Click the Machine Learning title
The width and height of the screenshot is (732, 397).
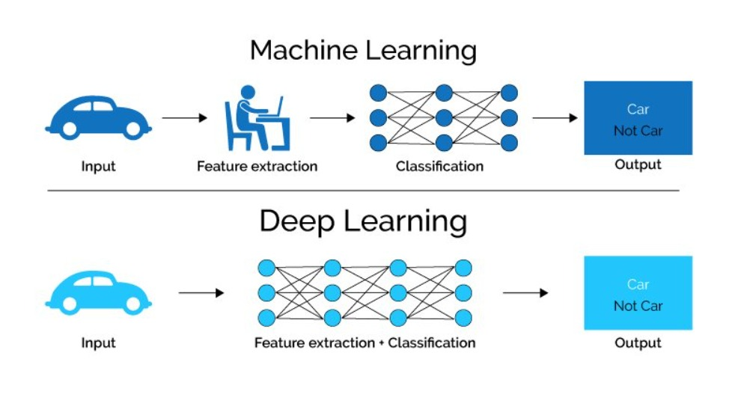[x=363, y=51]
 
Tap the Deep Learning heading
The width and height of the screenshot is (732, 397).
[x=363, y=222]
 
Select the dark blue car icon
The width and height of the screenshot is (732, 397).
[x=98, y=117]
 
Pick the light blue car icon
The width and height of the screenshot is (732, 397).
[x=98, y=292]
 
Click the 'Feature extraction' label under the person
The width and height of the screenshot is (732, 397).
[x=257, y=166]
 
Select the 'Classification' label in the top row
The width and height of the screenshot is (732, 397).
[x=439, y=166]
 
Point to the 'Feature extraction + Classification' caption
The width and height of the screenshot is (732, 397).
[x=365, y=343]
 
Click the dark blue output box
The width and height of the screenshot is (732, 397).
[x=638, y=118]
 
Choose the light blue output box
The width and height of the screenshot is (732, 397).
[x=638, y=293]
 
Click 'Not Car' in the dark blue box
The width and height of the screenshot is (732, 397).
[x=638, y=131]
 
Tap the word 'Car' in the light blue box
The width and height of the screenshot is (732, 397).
[x=638, y=284]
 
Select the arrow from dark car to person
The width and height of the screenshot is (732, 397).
[x=184, y=118]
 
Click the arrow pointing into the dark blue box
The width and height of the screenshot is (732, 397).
[x=555, y=118]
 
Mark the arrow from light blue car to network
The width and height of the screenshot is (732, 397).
[x=201, y=293]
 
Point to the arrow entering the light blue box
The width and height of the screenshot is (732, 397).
[x=525, y=293]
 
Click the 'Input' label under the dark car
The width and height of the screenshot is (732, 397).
[x=98, y=166]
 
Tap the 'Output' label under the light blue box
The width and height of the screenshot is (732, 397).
[x=638, y=343]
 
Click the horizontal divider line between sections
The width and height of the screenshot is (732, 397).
[x=363, y=190]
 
